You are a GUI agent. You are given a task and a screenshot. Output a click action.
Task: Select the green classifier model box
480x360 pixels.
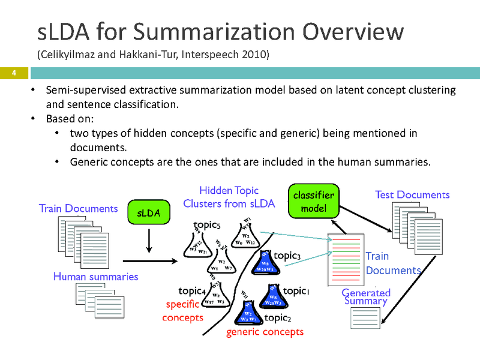pos(313,202)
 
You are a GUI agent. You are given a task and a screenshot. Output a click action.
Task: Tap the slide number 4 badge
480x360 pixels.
pos(11,73)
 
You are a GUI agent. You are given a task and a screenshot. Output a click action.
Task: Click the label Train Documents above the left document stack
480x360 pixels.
pos(78,209)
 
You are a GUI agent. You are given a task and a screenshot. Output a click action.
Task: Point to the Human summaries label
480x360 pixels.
pos(95,277)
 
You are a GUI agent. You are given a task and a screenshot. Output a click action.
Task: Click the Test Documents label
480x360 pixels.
pos(412,195)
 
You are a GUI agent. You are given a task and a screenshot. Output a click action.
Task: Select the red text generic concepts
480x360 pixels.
pos(265,332)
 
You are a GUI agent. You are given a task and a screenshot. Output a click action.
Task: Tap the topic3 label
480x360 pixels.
pos(287,256)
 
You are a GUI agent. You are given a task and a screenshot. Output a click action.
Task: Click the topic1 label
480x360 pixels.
pos(296,291)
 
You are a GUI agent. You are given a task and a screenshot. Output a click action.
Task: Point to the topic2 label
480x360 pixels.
pos(278,317)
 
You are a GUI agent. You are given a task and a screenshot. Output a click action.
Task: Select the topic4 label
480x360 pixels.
pos(193,292)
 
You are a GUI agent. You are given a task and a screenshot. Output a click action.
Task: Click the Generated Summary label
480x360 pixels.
pos(366,297)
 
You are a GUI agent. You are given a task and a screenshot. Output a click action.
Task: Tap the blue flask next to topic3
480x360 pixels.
pos(264,263)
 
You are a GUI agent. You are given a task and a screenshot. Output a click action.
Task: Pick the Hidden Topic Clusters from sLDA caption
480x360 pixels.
pos(229,197)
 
